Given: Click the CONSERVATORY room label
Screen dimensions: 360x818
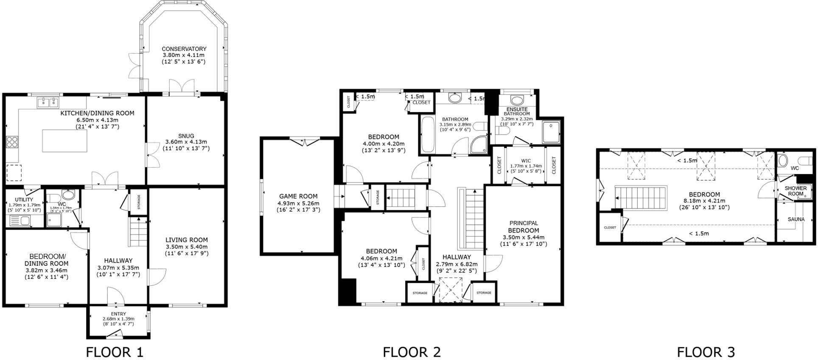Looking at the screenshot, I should click(184, 49).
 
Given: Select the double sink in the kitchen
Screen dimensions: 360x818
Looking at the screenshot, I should click(48, 102).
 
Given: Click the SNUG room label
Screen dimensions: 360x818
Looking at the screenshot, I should click(186, 136).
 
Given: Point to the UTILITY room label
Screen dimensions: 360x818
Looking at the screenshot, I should click(24, 200).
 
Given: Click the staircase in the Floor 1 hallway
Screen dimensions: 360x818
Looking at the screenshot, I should click(137, 232).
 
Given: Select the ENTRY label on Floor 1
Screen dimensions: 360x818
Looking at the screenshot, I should click(118, 314).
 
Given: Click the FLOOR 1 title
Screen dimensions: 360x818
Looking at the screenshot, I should click(115, 352).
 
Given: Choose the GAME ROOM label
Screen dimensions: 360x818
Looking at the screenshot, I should click(298, 196).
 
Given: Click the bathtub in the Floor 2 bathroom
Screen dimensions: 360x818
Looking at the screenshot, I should click(426, 134).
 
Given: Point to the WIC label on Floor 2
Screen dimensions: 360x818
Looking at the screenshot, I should click(526, 160).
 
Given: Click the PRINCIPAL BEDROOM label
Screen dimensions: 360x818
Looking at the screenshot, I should click(524, 226).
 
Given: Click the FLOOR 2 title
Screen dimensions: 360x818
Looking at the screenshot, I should click(412, 352).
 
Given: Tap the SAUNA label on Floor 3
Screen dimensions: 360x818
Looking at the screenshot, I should click(796, 219).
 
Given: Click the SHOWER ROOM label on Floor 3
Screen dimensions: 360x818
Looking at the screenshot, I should click(796, 191).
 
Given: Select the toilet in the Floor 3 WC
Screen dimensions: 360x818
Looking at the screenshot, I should click(783, 160).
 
